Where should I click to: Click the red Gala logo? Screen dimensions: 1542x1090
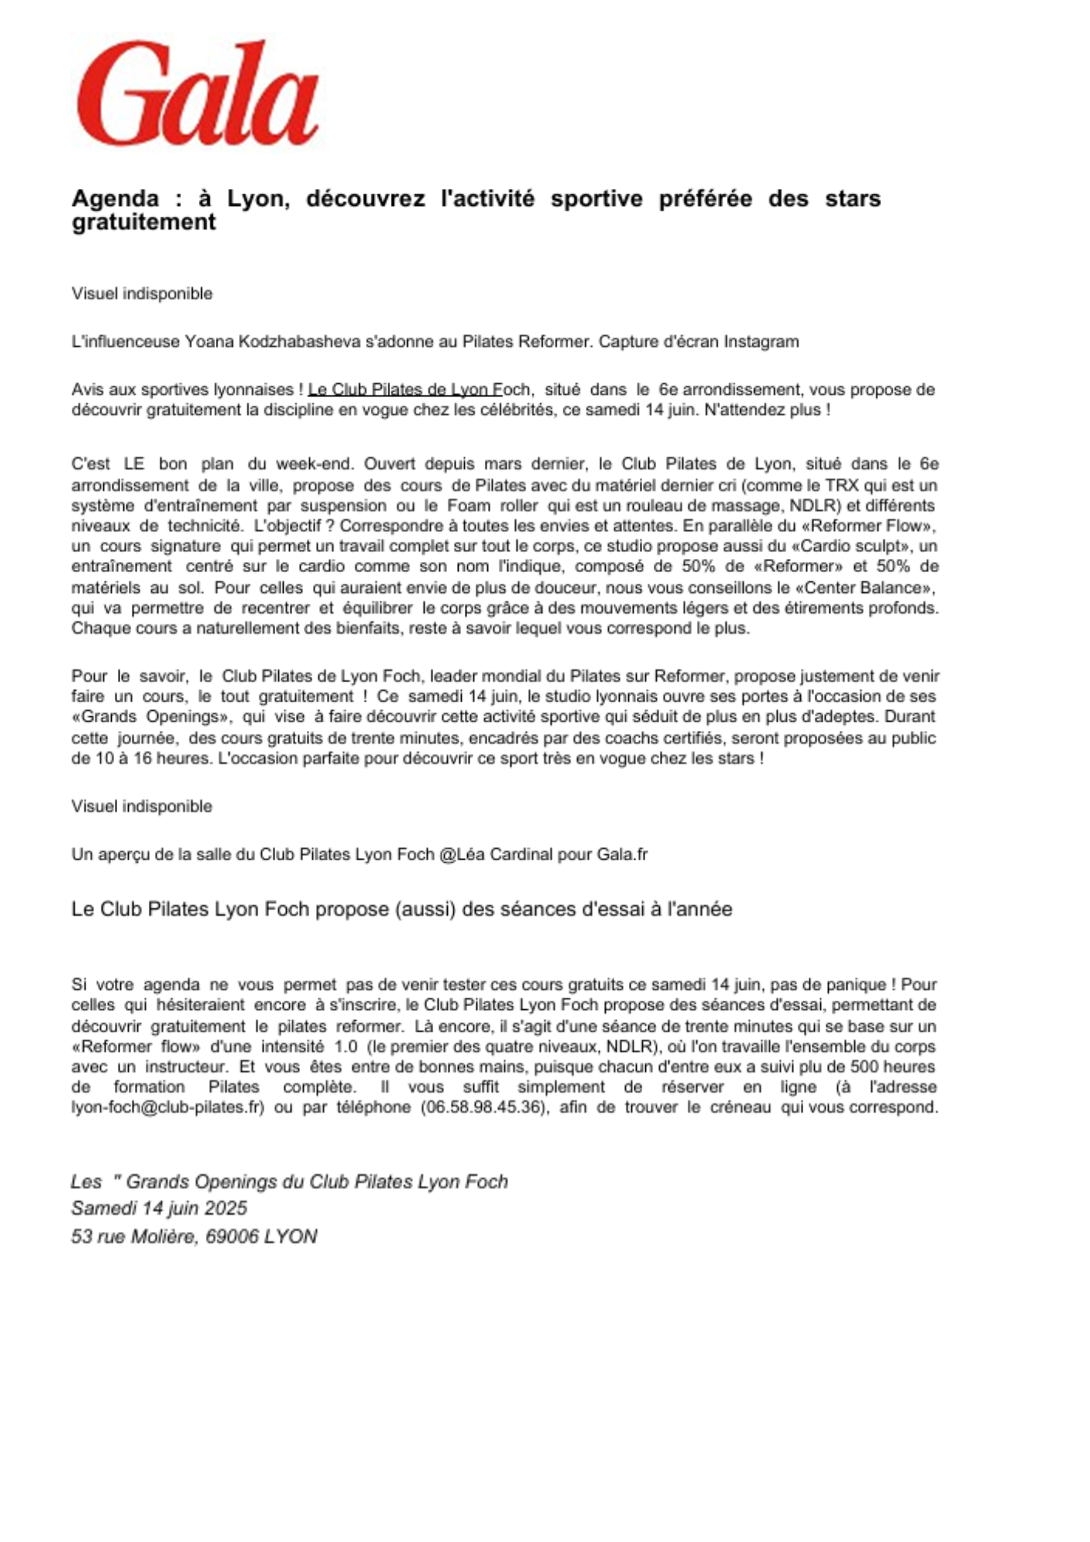click(x=197, y=94)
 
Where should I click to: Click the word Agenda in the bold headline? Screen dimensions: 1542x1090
click(x=115, y=199)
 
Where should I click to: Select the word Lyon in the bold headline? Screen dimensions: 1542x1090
click(x=257, y=199)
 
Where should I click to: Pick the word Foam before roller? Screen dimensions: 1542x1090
click(x=469, y=506)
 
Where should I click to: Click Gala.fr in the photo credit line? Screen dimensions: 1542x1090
click(x=622, y=854)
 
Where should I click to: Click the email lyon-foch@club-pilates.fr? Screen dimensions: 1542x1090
click(x=168, y=1108)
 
